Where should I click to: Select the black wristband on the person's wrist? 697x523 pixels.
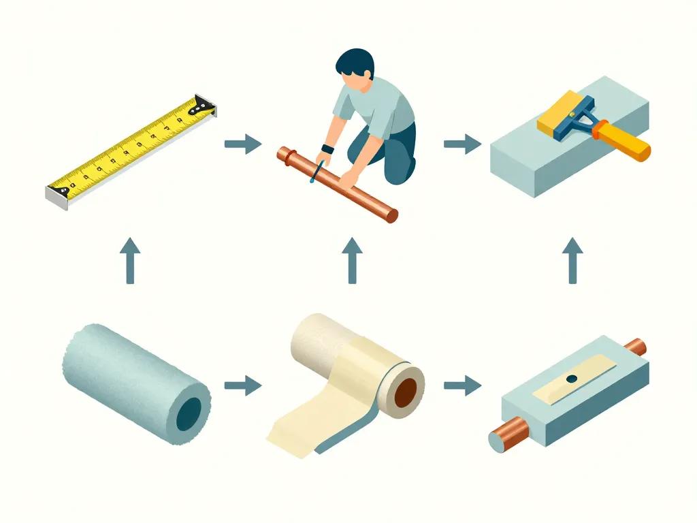[x=327, y=149]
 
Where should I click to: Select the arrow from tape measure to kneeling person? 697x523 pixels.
[x=242, y=144]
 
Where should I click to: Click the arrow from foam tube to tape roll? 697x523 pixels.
[x=242, y=386]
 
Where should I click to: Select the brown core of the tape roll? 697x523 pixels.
[x=406, y=394]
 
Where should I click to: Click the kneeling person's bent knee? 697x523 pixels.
[x=402, y=170]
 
